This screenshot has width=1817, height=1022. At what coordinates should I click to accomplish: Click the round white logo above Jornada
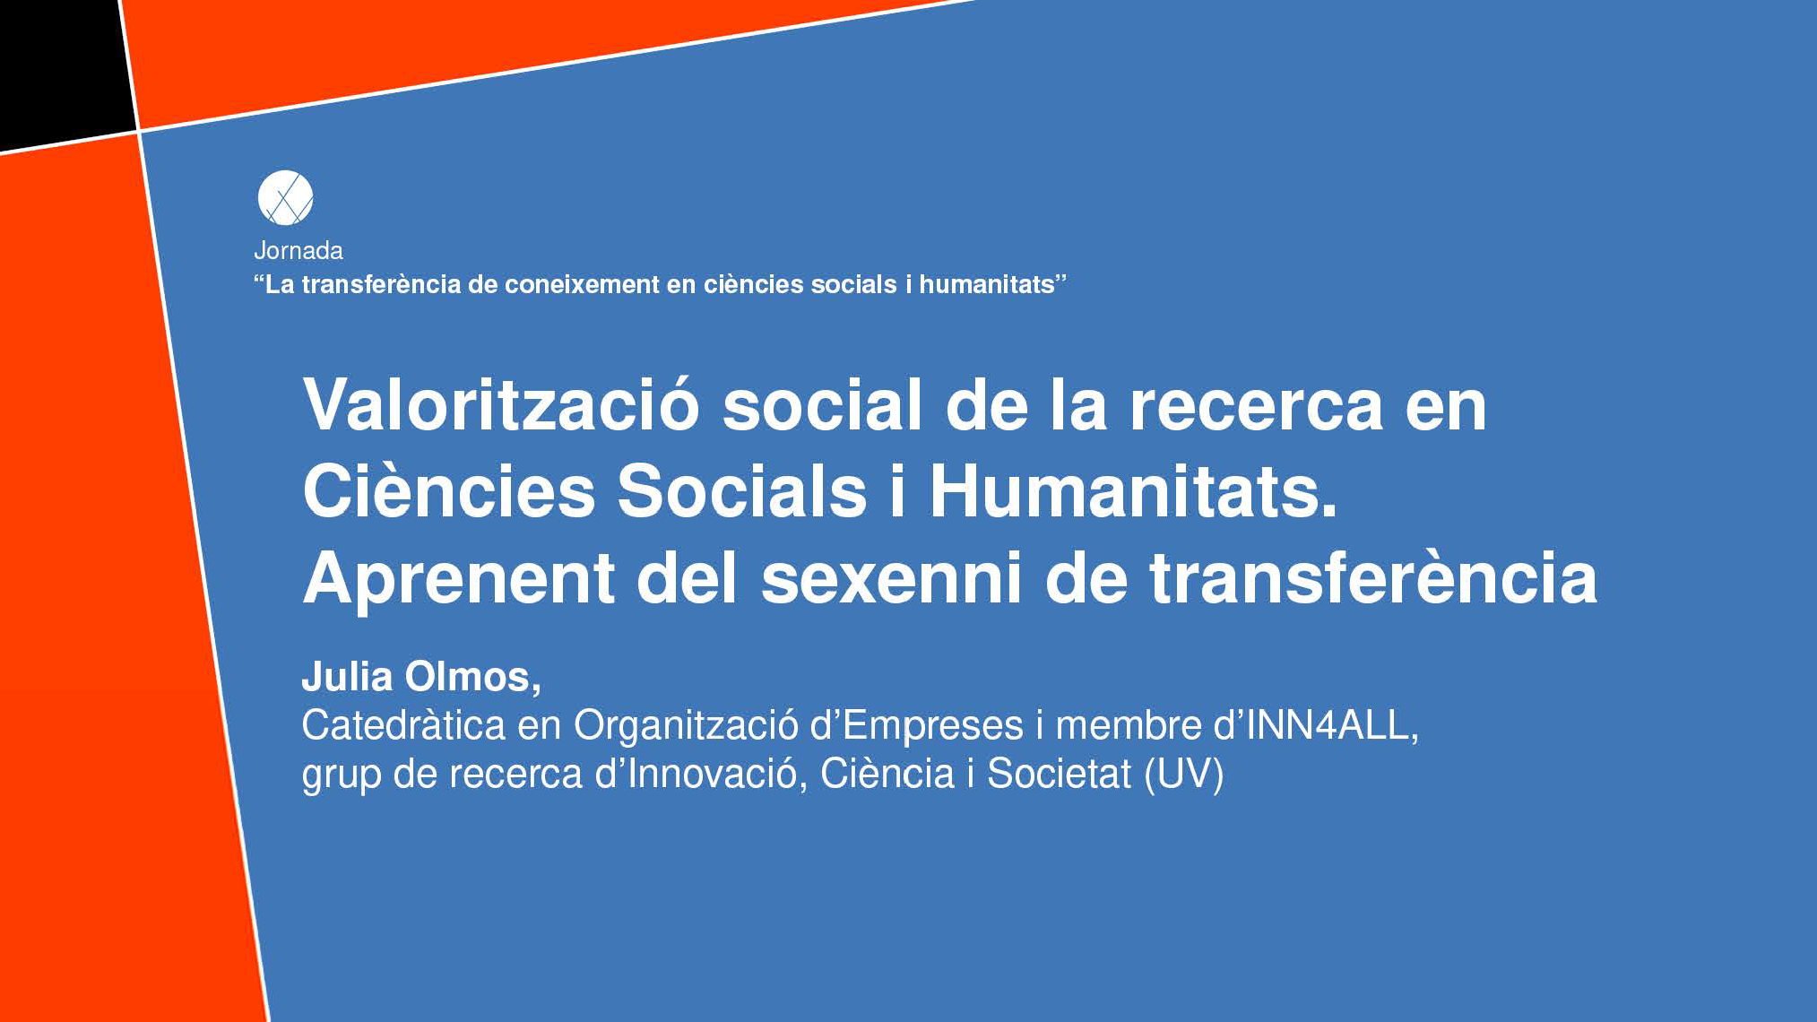[285, 197]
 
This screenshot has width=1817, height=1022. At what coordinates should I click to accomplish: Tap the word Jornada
[299, 250]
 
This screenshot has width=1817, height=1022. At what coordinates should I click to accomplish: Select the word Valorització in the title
[501, 404]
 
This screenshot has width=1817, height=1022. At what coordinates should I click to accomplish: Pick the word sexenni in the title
[892, 577]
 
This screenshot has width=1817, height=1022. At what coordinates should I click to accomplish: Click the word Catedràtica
[403, 725]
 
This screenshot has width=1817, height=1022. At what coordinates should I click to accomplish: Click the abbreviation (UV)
[1184, 774]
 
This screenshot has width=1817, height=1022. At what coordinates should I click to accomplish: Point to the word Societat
[1059, 774]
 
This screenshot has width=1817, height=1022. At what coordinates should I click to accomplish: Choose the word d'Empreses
[916, 726]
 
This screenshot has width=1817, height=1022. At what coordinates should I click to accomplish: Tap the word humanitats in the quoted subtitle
[987, 284]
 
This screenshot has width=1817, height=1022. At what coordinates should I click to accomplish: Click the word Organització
[686, 726]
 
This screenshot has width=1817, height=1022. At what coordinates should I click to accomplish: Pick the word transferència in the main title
[1373, 577]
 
